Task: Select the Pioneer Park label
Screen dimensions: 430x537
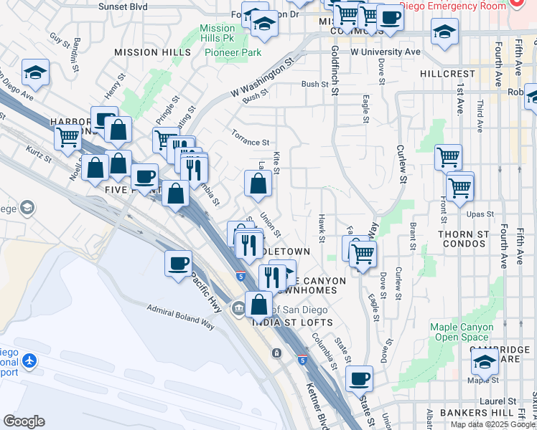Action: tap(233, 52)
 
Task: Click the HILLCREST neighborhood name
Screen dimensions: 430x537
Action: tap(447, 74)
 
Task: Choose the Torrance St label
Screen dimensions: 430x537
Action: tap(249, 137)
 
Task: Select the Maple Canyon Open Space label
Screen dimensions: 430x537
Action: tap(462, 332)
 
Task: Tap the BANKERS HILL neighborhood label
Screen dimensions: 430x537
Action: tap(480, 414)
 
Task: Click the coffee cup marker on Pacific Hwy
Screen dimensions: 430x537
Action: tap(177, 262)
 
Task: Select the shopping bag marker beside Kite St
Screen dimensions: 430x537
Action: tap(258, 183)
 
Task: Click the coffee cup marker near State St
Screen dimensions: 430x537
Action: tap(359, 378)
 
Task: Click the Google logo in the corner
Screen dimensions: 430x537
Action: tap(24, 421)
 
